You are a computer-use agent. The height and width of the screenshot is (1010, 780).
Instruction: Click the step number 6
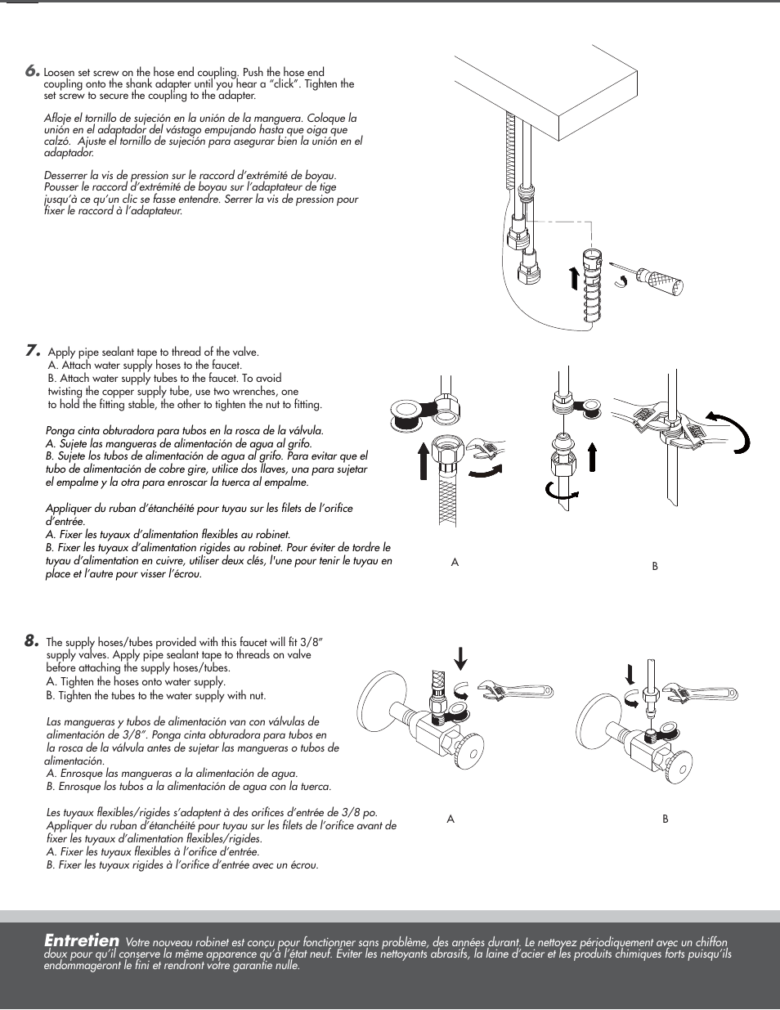tap(32, 71)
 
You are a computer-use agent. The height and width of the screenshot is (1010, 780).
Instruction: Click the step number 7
tap(33, 351)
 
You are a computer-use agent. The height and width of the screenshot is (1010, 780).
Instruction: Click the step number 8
tap(32, 641)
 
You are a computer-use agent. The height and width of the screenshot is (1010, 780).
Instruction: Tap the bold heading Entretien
tap(82, 940)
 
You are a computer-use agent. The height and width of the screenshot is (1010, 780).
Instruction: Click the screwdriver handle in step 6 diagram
tap(663, 281)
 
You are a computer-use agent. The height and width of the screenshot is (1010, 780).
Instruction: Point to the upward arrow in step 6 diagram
tap(574, 278)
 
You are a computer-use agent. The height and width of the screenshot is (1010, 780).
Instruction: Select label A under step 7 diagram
tap(455, 563)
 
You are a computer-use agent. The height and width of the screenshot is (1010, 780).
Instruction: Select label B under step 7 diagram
tap(655, 566)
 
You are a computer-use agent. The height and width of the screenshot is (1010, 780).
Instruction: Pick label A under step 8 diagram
tap(451, 819)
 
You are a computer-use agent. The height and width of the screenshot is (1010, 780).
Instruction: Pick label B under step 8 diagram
tap(666, 819)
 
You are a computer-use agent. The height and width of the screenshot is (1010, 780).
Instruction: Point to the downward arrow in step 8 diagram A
tap(461, 658)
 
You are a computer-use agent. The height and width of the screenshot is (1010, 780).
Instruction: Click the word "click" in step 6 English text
tap(277, 83)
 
